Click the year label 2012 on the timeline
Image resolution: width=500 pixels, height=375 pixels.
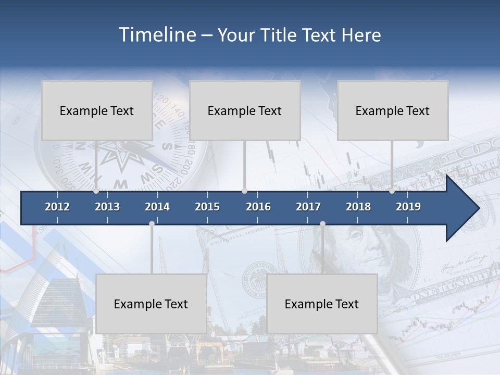(x=57, y=207)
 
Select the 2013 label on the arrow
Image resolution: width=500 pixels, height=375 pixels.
(x=107, y=207)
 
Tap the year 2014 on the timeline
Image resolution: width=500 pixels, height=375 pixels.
(x=157, y=207)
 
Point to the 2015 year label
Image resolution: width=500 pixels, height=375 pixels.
(x=207, y=207)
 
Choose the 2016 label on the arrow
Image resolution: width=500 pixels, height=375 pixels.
(x=258, y=207)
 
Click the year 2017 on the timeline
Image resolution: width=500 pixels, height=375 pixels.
(x=308, y=207)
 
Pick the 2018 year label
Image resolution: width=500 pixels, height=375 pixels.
(x=358, y=207)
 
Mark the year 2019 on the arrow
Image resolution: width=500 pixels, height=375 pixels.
(x=408, y=207)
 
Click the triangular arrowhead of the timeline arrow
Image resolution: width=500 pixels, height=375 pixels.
(x=461, y=208)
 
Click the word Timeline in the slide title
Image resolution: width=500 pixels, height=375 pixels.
(x=157, y=35)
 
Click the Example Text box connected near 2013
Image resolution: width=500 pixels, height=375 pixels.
(x=97, y=110)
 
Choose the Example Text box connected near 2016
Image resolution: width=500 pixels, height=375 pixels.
(x=245, y=110)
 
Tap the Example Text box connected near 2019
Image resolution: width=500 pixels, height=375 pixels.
(x=393, y=110)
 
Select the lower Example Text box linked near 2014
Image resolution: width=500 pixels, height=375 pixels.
(x=151, y=304)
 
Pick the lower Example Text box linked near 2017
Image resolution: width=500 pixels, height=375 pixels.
(x=322, y=304)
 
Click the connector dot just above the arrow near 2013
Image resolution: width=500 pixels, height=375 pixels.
(x=96, y=191)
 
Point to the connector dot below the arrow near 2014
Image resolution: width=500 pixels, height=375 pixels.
(x=152, y=223)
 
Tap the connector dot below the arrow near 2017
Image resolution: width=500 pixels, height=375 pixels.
(x=322, y=223)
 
